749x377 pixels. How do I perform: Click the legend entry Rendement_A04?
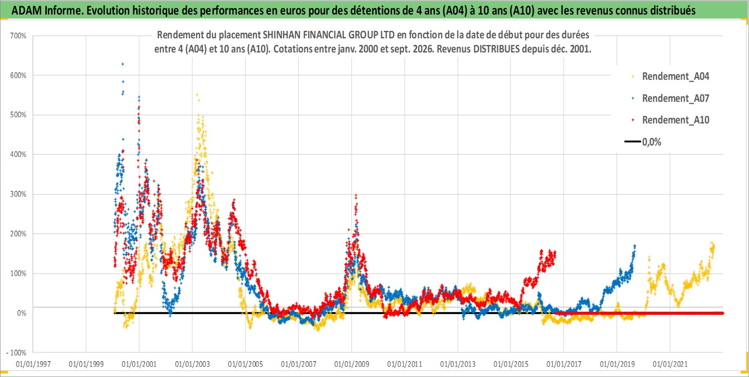tap(675, 77)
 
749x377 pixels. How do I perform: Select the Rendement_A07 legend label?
tap(675, 98)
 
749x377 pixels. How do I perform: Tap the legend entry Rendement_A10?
tap(675, 120)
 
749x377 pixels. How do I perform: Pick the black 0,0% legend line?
tap(633, 142)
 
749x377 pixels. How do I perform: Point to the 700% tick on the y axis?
tap(18, 36)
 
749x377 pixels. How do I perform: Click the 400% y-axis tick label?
tap(18, 154)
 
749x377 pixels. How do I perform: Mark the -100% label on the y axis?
tap(16, 353)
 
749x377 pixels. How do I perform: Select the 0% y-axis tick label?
tap(22, 313)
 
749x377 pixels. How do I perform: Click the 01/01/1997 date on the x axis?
tap(33, 364)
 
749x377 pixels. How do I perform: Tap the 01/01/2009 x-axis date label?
tap(352, 364)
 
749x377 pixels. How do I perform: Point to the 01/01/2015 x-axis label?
tap(511, 364)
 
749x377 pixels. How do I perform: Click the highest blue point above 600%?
tap(123, 64)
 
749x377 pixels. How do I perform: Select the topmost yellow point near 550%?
tap(197, 95)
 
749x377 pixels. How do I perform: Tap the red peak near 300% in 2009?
tap(356, 195)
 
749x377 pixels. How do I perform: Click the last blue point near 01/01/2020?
tap(635, 246)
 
